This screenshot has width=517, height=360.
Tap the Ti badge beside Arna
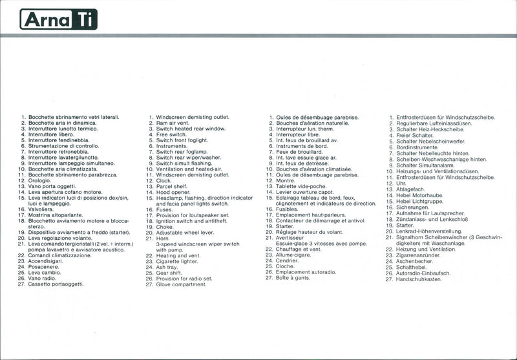pyautogui.click(x=85, y=19)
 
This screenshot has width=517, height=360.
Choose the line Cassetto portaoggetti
pyautogui.click(x=56, y=284)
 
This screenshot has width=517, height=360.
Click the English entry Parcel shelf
pyautogui.click(x=172, y=186)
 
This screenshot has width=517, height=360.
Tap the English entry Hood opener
pyautogui.click(x=173, y=192)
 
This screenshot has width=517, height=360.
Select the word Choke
pyautogui.click(x=165, y=227)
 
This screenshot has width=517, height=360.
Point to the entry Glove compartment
pyautogui.click(x=181, y=284)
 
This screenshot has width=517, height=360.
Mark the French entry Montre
pyautogui.click(x=285, y=180)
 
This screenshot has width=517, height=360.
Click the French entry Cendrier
pyautogui.click(x=288, y=261)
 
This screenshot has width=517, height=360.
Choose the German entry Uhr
pyautogui.click(x=401, y=183)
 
